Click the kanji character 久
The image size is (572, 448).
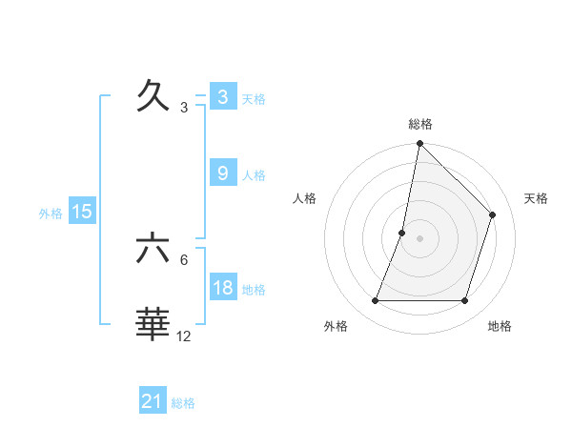[153, 95]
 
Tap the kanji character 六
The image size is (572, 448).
[153, 248]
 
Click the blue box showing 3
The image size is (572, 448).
[222, 96]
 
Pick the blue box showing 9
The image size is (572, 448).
[222, 173]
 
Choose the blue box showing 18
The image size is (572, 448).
[222, 287]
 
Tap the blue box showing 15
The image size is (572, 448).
[82, 212]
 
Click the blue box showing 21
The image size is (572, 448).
[153, 401]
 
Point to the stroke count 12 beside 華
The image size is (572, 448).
[184, 336]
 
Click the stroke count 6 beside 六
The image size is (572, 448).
[184, 259]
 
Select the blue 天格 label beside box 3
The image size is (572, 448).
[254, 98]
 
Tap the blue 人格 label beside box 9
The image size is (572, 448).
[254, 174]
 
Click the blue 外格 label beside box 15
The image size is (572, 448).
[51, 214]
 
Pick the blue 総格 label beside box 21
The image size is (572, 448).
[183, 403]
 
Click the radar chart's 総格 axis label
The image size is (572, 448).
[419, 124]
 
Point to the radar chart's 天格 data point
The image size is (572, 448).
[493, 214]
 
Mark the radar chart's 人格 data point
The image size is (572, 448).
[402, 233]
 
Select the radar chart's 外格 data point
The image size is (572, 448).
[375, 301]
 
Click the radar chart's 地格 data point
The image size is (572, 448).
[465, 301]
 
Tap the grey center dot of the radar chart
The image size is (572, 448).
[419, 238]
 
